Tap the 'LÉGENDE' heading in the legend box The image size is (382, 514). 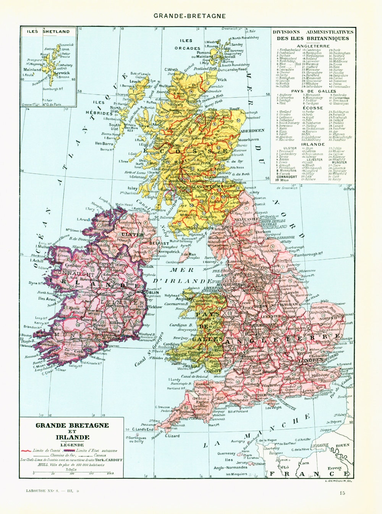[72, 444]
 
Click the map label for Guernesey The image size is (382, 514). [226, 454]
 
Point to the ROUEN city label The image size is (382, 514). [342, 446]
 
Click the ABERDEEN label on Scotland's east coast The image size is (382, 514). [252, 130]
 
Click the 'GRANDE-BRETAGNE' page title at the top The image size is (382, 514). [189, 16]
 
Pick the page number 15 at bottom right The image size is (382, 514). [342, 493]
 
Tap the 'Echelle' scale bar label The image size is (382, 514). [71, 469]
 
